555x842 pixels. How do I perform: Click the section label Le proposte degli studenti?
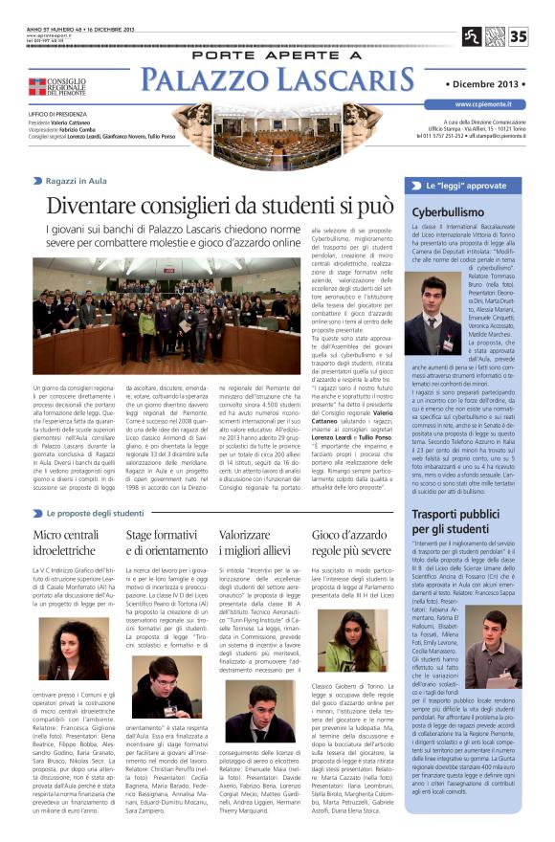pyautogui.click(x=97, y=514)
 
